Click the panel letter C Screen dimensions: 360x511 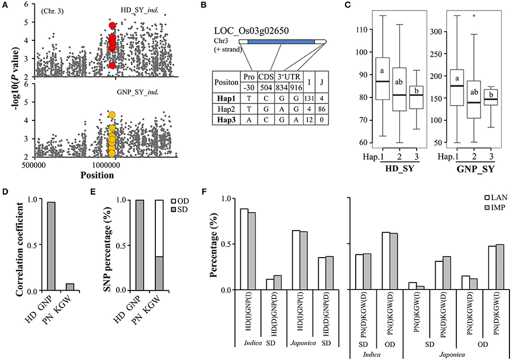[x=362, y=5]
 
